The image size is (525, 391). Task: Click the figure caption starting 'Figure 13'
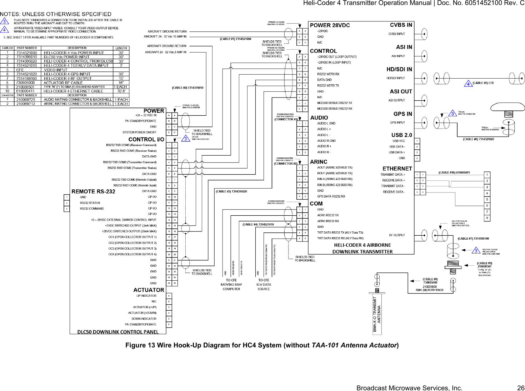coord(262,345)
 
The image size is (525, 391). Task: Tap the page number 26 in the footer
coord(521,388)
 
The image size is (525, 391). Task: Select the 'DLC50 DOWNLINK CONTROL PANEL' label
coord(118,332)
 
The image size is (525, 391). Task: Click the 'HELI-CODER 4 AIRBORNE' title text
coord(362,245)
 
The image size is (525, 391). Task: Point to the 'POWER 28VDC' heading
coord(330,25)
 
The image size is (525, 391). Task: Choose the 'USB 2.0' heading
coord(401,135)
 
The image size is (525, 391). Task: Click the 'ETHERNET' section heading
coord(397,169)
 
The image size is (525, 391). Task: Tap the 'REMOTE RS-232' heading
coord(93,192)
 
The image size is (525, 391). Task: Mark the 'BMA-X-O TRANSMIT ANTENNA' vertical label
coord(377,314)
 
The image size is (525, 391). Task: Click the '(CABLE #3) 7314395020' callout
coord(231,191)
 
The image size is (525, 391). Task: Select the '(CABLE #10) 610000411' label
coord(454,172)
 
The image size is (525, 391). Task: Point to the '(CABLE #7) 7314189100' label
coord(473,239)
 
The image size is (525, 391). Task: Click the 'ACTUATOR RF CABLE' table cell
coord(63,82)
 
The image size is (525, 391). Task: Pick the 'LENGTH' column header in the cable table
coord(121,48)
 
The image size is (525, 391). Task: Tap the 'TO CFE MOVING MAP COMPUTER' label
coord(231,285)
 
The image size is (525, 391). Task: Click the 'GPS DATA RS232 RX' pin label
coord(331,196)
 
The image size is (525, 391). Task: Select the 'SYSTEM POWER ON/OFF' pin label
coord(139,132)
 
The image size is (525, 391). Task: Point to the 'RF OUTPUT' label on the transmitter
coord(397,235)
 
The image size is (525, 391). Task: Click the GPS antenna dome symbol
coord(507,107)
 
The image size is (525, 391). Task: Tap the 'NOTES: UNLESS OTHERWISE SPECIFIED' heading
coord(56,14)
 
